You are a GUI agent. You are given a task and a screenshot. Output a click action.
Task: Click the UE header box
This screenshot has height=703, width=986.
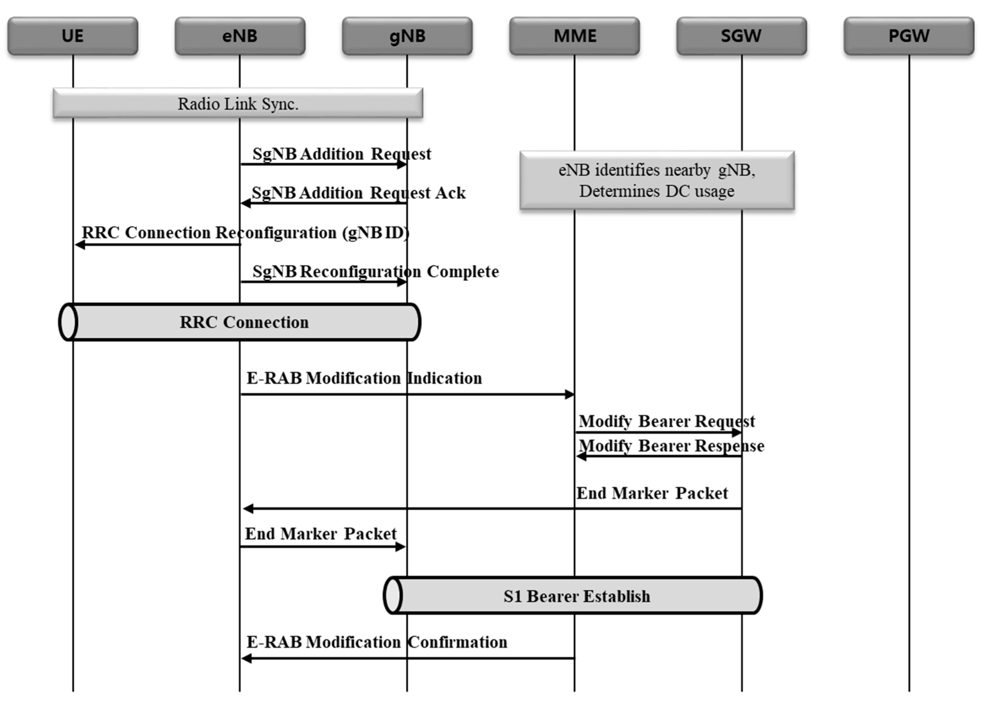(x=72, y=36)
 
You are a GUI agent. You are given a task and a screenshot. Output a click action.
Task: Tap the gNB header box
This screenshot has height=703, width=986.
(x=407, y=36)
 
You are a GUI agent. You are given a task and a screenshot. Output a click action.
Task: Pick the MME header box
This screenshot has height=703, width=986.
(x=574, y=36)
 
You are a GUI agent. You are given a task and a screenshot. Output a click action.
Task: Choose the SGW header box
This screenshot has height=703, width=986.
(x=741, y=36)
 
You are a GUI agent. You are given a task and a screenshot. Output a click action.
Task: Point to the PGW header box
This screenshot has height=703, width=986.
(x=908, y=36)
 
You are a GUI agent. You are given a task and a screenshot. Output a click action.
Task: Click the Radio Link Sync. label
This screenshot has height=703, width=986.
(x=238, y=104)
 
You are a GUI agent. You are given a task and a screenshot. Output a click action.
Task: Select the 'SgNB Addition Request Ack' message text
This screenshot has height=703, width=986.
(x=358, y=193)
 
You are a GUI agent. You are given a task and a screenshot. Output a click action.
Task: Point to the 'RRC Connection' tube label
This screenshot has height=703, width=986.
(x=244, y=322)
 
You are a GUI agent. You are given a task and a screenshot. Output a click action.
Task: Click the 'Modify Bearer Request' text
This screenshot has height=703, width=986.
(x=666, y=421)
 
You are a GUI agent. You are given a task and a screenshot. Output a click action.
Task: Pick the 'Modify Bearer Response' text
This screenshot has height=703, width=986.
(x=671, y=446)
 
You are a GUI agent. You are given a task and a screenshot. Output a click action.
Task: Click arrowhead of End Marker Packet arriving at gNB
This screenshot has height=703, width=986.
(x=401, y=547)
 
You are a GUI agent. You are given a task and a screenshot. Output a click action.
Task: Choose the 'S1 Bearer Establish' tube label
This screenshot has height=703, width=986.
(x=576, y=597)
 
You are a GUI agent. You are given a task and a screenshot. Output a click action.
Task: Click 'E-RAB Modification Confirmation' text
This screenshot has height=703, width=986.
(x=377, y=642)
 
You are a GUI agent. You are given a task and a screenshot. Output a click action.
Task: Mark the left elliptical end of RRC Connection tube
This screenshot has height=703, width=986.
(x=68, y=322)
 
